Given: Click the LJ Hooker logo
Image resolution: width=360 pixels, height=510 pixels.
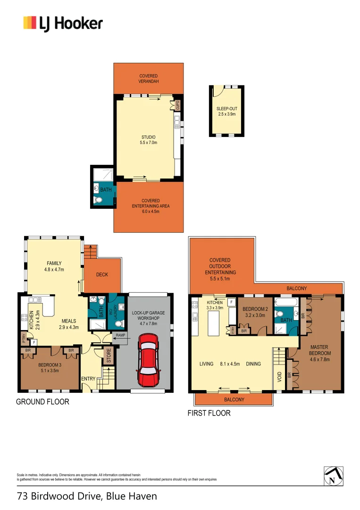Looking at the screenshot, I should (63, 23).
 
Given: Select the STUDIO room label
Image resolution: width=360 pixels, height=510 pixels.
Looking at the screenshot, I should (148, 137).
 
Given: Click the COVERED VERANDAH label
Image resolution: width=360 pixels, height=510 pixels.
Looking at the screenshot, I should (148, 79).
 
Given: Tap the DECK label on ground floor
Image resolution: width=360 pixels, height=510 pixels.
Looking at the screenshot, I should (102, 274).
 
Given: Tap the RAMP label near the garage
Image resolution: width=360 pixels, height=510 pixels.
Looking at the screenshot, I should (121, 335).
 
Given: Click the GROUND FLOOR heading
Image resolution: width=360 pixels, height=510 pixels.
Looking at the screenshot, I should (42, 402).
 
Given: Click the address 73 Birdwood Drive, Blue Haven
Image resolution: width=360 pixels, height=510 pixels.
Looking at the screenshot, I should (87, 496).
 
